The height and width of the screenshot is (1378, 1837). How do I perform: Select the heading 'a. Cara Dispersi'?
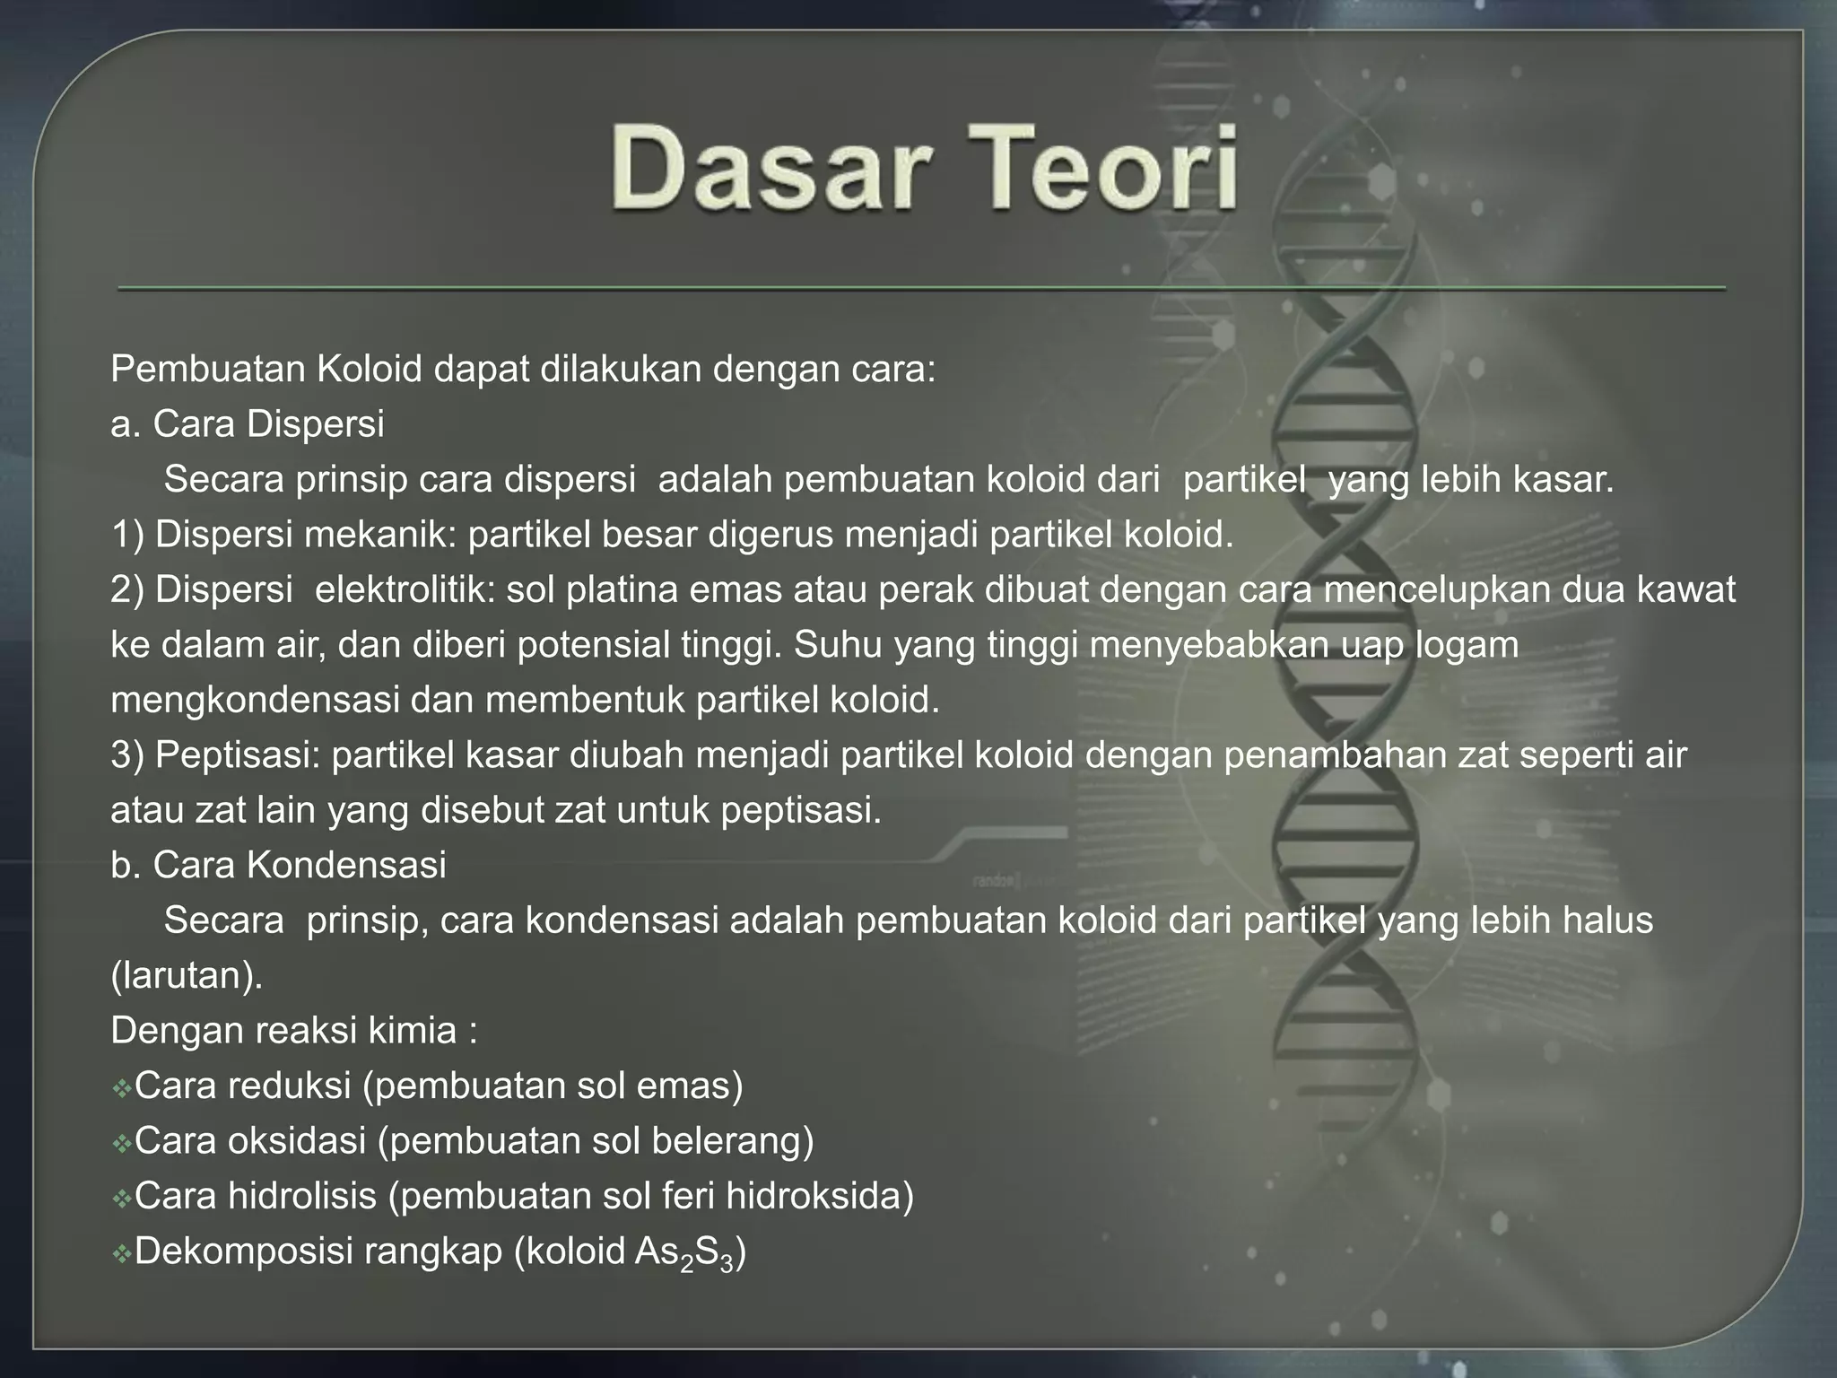pyautogui.click(x=248, y=424)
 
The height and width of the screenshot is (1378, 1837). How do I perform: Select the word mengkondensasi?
pyautogui.click(x=255, y=701)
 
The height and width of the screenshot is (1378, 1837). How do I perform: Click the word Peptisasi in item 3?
pyautogui.click(x=237, y=755)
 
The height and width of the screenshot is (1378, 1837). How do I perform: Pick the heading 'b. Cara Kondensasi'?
pyautogui.click(x=278, y=866)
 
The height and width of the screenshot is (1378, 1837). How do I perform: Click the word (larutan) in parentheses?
pyautogui.click(x=187, y=976)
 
